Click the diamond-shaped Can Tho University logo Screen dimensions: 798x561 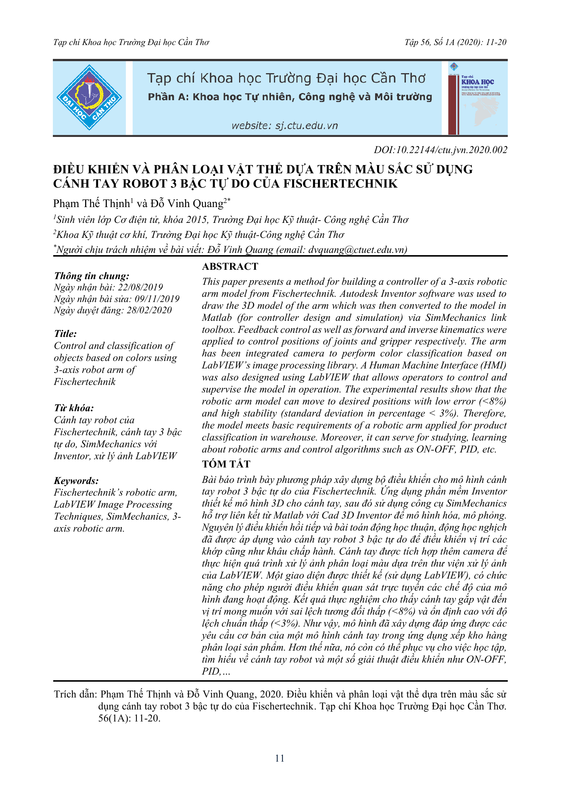click(89, 98)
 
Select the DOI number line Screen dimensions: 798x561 click(440, 150)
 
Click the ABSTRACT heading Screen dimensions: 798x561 click(230, 266)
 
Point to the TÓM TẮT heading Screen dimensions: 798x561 click(226, 464)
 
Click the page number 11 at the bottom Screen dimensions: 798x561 click(280, 758)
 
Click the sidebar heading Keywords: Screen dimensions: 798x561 click(76, 481)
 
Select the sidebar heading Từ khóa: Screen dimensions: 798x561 click(74, 408)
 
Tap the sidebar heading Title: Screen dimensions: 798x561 click(65, 334)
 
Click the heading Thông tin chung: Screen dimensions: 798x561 click(92, 276)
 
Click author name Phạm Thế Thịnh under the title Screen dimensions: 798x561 click(91, 204)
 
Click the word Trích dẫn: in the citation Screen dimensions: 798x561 click(75, 694)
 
